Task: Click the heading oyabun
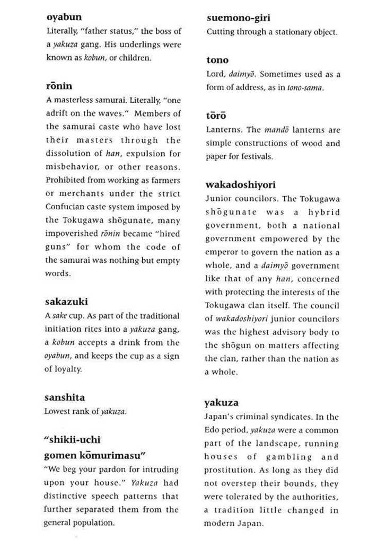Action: (x=64, y=17)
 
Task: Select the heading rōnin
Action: (x=59, y=86)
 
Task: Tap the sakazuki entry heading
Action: (x=66, y=302)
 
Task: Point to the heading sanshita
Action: (x=64, y=397)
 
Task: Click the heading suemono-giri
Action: (x=238, y=17)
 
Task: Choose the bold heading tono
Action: (x=217, y=60)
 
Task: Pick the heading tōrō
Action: (x=216, y=116)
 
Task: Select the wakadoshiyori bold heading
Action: (x=240, y=185)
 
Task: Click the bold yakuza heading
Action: (x=221, y=402)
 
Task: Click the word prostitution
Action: (x=229, y=470)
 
